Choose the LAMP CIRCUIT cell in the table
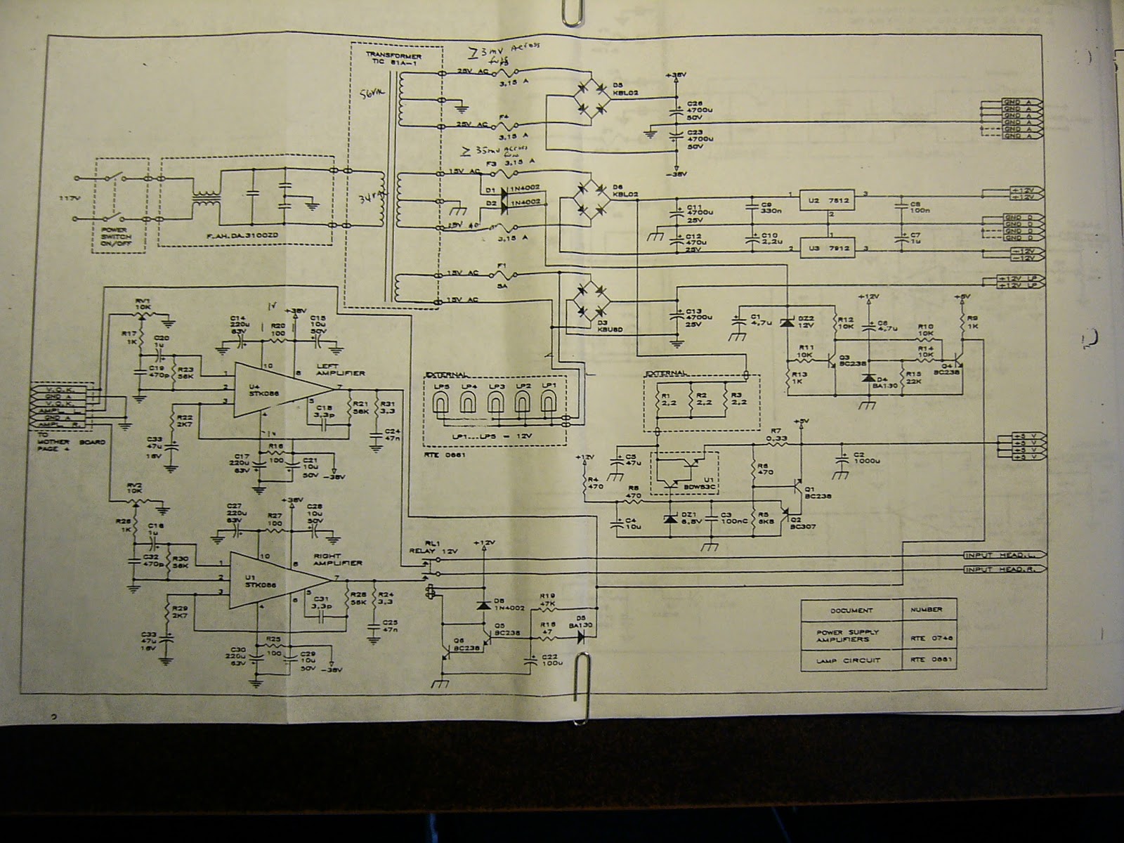click(851, 659)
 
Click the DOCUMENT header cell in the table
click(851, 610)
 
